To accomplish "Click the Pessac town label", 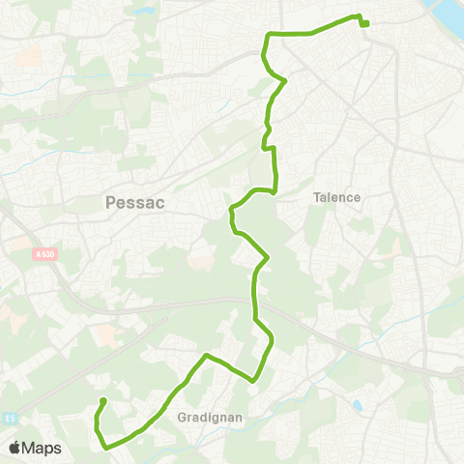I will point(134,203).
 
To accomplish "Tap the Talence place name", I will point(336,197).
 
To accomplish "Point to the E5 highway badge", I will point(9,392).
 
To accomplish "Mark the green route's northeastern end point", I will point(366,24).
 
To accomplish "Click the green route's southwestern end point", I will point(102,401).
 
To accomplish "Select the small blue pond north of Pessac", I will point(145,13).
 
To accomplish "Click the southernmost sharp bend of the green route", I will point(105,448).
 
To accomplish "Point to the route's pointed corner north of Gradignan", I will point(206,356).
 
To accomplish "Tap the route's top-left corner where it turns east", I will point(268,35).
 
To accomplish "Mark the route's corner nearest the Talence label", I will point(275,190).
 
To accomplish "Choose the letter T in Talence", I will point(316,197).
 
